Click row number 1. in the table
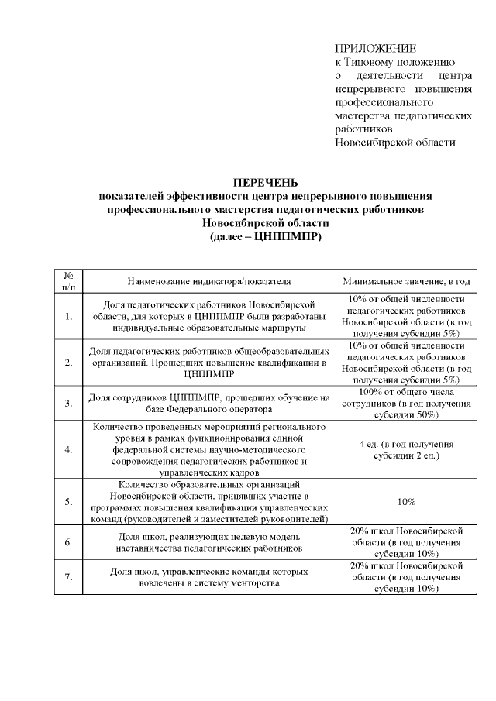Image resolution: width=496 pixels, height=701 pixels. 69,316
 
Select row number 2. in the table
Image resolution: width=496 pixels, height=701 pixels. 69,362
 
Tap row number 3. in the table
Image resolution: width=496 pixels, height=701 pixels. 69,403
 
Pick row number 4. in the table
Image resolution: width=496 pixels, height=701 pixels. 69,450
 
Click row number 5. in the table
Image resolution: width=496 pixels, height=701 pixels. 69,501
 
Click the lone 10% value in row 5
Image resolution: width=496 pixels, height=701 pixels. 406,501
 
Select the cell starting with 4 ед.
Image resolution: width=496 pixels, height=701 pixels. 406,450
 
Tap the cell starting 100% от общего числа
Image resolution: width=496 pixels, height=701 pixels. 406,403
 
